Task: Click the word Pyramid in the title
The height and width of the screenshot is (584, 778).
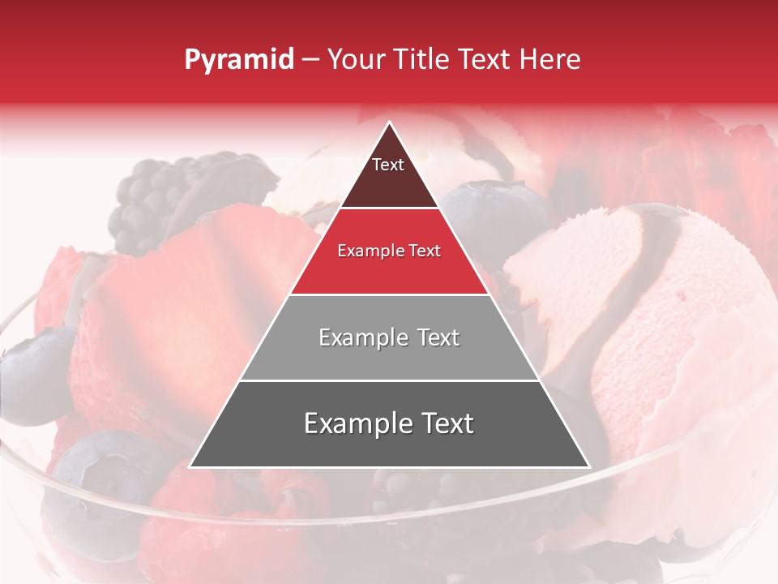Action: click(238, 60)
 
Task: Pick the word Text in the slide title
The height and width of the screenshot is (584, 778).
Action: click(486, 60)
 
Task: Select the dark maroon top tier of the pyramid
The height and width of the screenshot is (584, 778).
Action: click(389, 178)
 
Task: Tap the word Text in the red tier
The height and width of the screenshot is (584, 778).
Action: click(422, 251)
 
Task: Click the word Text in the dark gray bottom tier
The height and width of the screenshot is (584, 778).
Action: click(447, 423)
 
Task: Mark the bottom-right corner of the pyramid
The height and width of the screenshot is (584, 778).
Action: click(588, 466)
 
